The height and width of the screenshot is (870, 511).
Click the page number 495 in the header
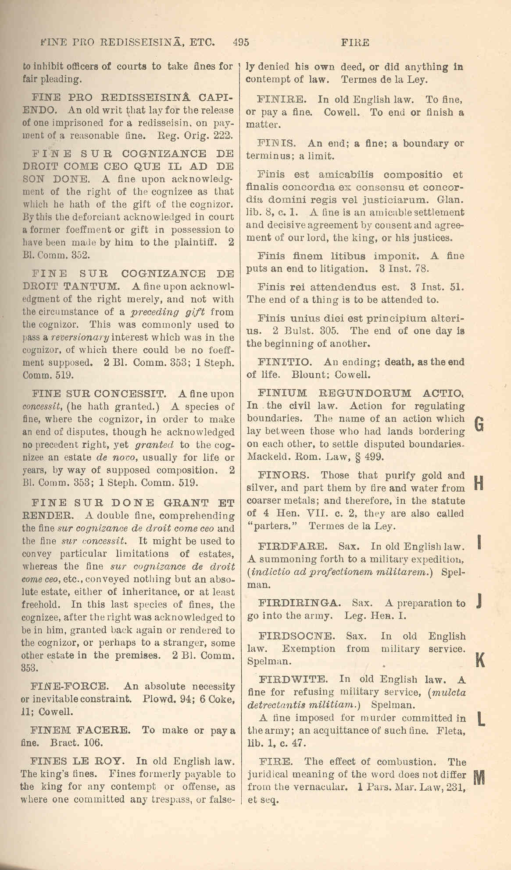[241, 42]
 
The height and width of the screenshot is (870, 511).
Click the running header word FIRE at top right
[355, 43]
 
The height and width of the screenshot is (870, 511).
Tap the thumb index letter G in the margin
[479, 424]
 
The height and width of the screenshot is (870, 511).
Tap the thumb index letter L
[481, 719]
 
